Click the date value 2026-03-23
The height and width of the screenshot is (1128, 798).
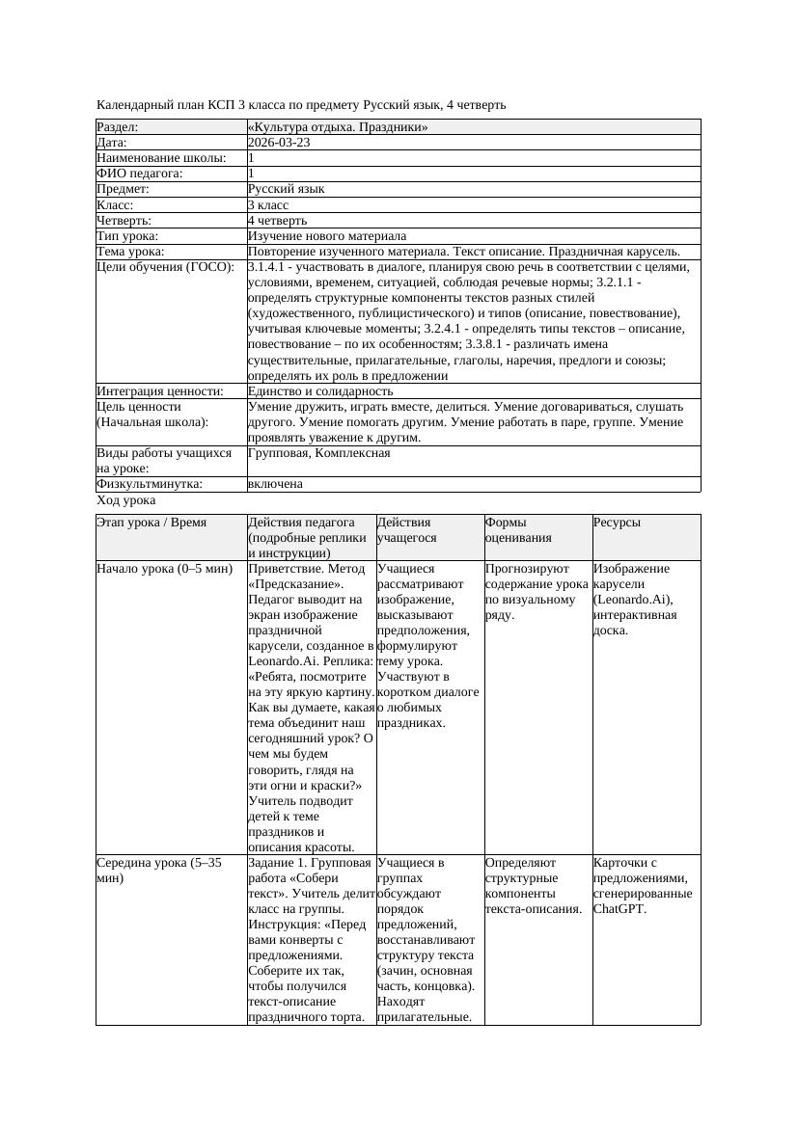[279, 143]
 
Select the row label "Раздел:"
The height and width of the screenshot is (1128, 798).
[118, 127]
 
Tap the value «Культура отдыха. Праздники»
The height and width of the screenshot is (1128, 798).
[338, 127]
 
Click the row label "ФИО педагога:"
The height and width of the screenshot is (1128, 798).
[140, 174]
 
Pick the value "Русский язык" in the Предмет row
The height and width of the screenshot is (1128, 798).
[287, 189]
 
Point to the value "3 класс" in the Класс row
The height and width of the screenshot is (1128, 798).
[268, 205]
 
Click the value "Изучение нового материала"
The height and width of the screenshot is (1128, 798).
[327, 236]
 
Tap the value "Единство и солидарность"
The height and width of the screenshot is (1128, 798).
[320, 391]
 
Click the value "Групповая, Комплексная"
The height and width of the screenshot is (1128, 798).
[319, 453]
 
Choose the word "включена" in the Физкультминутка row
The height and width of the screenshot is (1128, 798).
[275, 484]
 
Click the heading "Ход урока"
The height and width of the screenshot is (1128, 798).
[126, 500]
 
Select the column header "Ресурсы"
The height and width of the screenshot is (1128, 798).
[617, 523]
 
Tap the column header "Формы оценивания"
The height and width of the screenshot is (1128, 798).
[519, 530]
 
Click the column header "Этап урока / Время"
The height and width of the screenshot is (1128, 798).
[151, 523]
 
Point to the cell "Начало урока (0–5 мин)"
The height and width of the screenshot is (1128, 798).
[165, 569]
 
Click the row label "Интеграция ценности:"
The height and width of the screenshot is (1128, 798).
[160, 391]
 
